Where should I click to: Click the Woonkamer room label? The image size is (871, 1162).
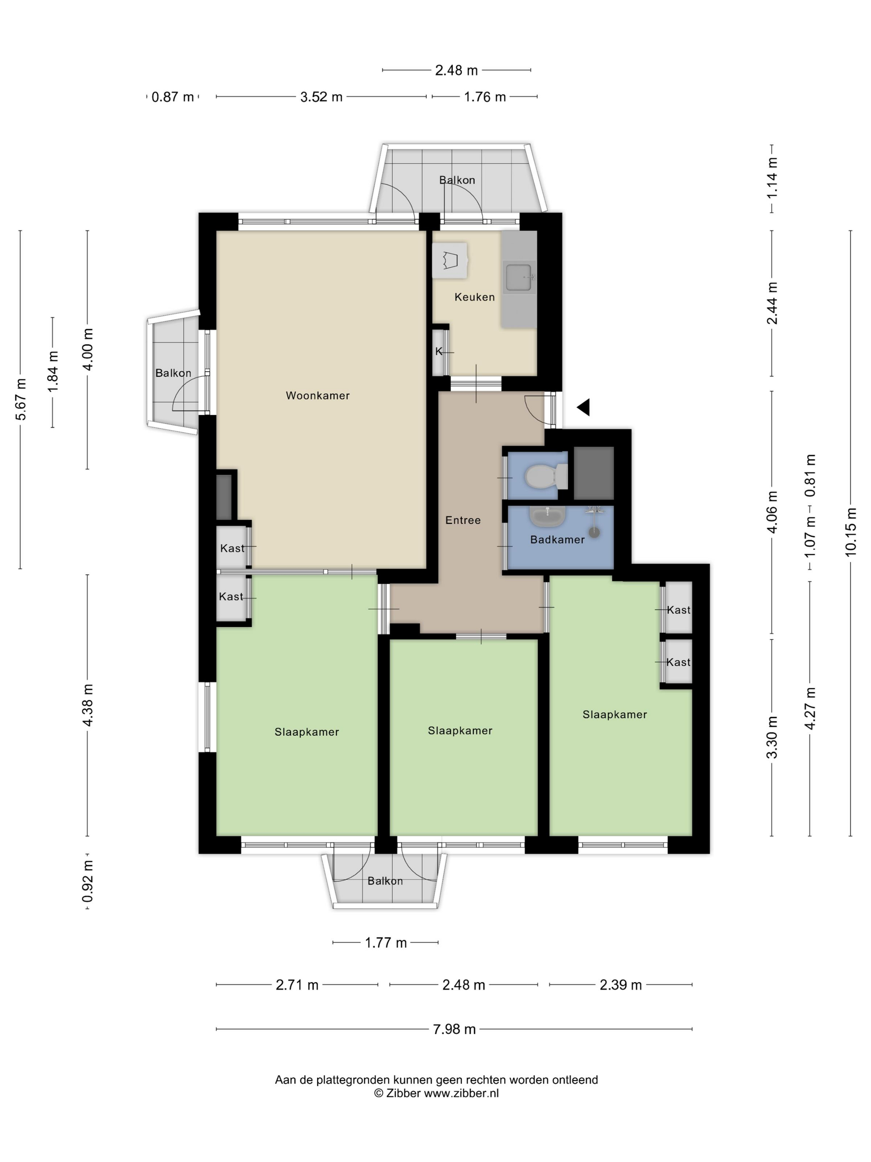pyautogui.click(x=317, y=395)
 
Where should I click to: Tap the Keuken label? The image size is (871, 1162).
pyautogui.click(x=474, y=297)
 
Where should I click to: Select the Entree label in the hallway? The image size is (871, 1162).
pyautogui.click(x=462, y=520)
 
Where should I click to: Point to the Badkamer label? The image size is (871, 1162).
pyautogui.click(x=557, y=539)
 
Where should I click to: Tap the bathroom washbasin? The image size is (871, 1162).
pyautogui.click(x=547, y=516)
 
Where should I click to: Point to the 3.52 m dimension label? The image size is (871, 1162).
pyautogui.click(x=321, y=97)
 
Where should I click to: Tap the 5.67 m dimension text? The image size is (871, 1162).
pyautogui.click(x=20, y=399)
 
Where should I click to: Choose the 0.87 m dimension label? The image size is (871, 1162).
pyautogui.click(x=173, y=97)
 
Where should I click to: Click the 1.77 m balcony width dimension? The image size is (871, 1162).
pyautogui.click(x=386, y=942)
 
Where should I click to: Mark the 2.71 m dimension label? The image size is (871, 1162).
pyautogui.click(x=297, y=984)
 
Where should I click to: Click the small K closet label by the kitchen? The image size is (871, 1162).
pyautogui.click(x=439, y=352)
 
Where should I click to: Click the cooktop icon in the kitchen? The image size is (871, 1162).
pyautogui.click(x=450, y=260)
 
